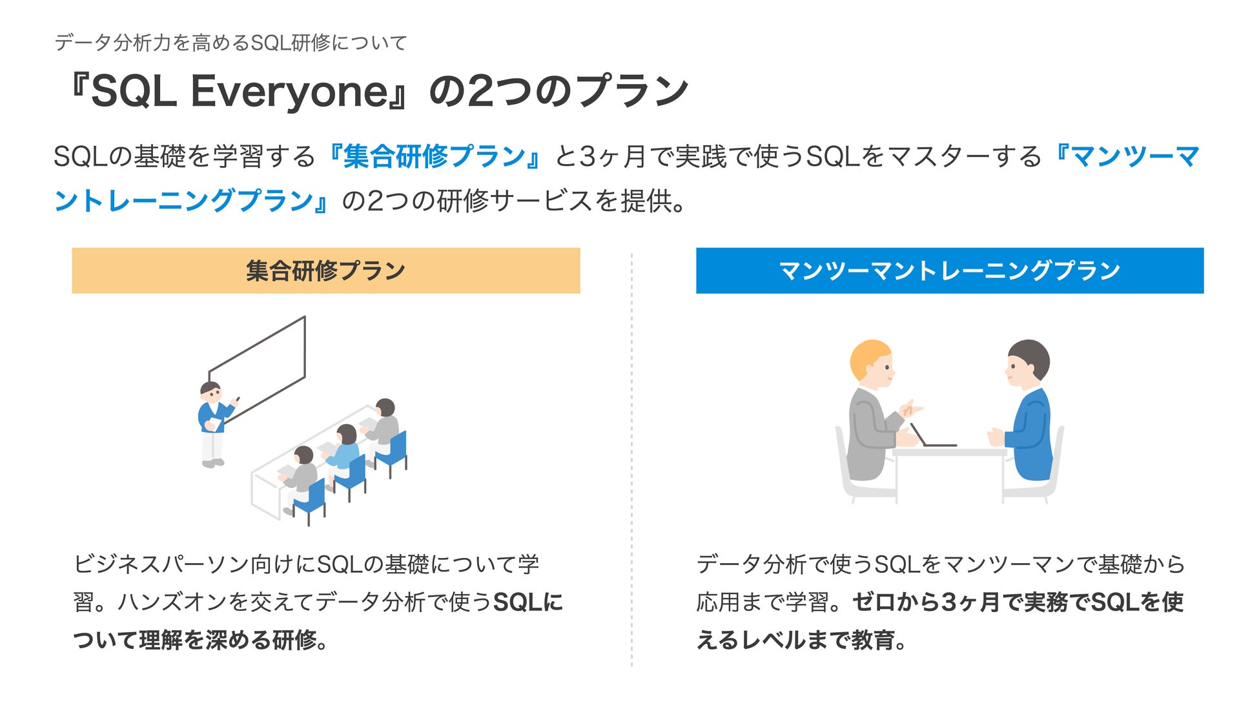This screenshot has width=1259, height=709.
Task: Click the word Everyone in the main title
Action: click(289, 92)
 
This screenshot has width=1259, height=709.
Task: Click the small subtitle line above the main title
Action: click(230, 43)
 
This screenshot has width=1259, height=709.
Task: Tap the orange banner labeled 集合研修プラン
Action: click(326, 271)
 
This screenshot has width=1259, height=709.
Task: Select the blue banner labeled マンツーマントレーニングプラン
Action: click(950, 271)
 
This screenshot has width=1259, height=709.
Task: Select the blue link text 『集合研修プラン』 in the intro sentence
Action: click(434, 157)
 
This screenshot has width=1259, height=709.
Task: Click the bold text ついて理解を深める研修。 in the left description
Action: click(201, 640)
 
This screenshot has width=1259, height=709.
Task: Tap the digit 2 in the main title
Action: click(480, 92)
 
